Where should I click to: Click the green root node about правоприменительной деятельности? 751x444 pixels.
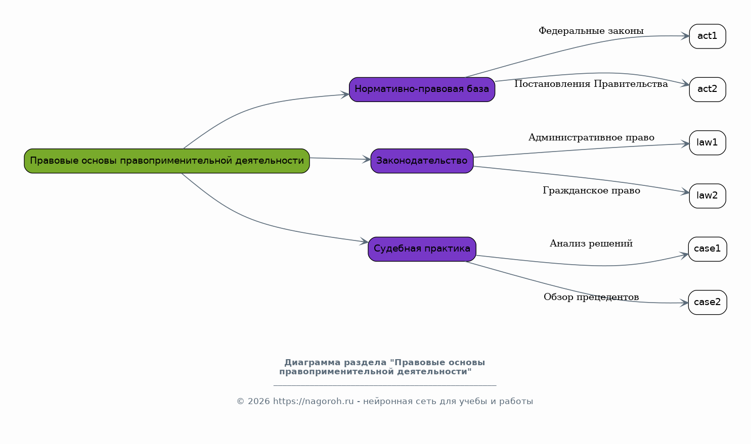coord(166,161)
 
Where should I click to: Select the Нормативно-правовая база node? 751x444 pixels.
coord(422,89)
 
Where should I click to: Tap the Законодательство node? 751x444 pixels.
coord(422,161)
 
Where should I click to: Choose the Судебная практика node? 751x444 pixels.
coord(422,249)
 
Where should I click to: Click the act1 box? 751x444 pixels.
coord(707,36)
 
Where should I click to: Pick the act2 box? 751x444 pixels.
coord(707,89)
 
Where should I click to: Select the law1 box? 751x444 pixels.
coord(707,142)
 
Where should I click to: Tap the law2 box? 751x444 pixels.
coord(707,196)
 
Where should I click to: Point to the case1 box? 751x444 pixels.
coord(707,249)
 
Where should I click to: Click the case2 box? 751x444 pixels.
coord(707,302)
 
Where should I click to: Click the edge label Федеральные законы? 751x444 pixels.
coord(591,31)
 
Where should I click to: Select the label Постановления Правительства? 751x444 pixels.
coord(591,84)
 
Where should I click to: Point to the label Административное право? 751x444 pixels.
coord(591,137)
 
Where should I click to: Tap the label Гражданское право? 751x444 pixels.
coord(591,190)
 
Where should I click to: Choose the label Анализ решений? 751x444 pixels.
coord(591,243)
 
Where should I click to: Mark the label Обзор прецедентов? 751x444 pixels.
coord(591,297)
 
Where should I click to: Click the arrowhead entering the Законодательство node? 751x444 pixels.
coord(367,160)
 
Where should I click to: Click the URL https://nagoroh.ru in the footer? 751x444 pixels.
coord(313,402)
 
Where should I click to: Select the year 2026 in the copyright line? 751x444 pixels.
coord(258,402)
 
